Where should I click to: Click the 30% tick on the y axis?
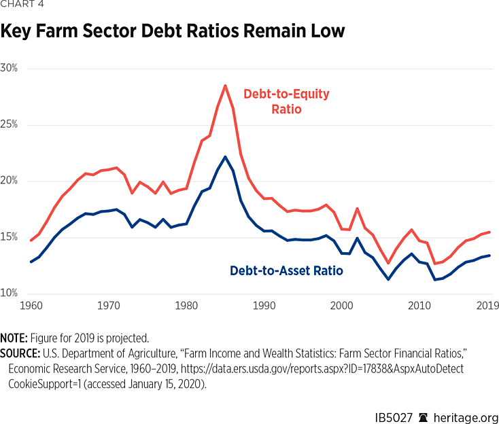[x=10, y=69]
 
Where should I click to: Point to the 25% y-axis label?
[x=10, y=125]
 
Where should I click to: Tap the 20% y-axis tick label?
[x=10, y=181]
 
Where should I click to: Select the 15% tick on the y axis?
[x=10, y=237]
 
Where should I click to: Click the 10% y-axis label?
[x=10, y=294]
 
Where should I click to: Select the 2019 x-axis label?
[x=487, y=306]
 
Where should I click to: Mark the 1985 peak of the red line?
[x=225, y=86]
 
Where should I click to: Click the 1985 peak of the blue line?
[x=225, y=156]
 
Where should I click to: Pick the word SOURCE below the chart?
[x=20, y=352]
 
